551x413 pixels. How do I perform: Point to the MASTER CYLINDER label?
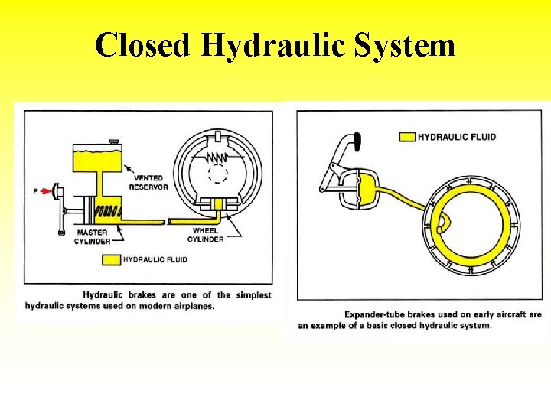[x=93, y=236]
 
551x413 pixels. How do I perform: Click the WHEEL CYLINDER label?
[x=207, y=234]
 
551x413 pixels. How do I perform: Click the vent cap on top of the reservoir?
[x=113, y=141]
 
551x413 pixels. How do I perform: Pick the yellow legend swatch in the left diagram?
[x=112, y=259]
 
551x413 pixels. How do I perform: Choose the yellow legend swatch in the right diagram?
[x=406, y=137]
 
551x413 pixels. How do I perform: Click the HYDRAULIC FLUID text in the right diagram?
[x=457, y=137]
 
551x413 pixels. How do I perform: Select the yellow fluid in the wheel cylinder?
[x=220, y=204]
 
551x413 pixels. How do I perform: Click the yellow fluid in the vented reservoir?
[x=96, y=159]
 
